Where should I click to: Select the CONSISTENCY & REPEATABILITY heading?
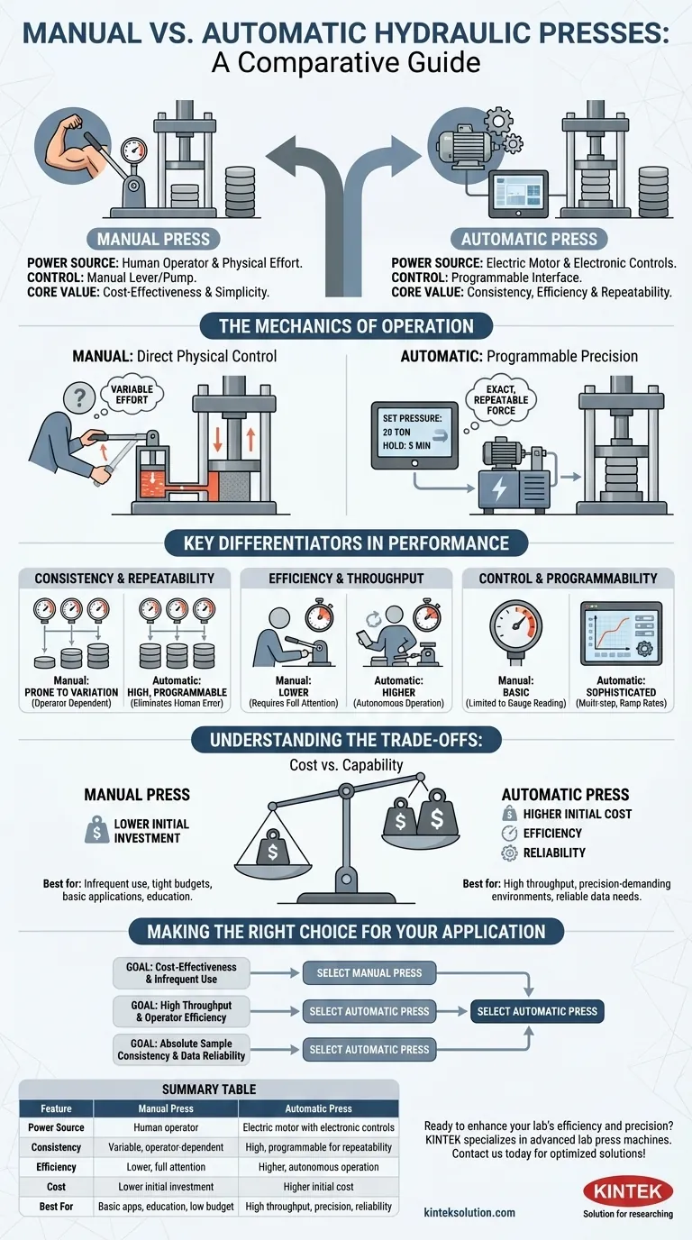tap(124, 578)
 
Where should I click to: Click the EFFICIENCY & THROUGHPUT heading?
tap(346, 578)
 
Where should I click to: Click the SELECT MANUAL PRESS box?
tap(369, 973)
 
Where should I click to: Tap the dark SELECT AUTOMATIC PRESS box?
tap(537, 1011)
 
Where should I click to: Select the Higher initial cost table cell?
tap(318, 1187)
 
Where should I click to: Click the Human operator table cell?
tap(160, 1127)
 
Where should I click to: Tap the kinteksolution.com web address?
tap(469, 1213)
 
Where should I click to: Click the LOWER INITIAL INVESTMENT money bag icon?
tap(93, 830)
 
